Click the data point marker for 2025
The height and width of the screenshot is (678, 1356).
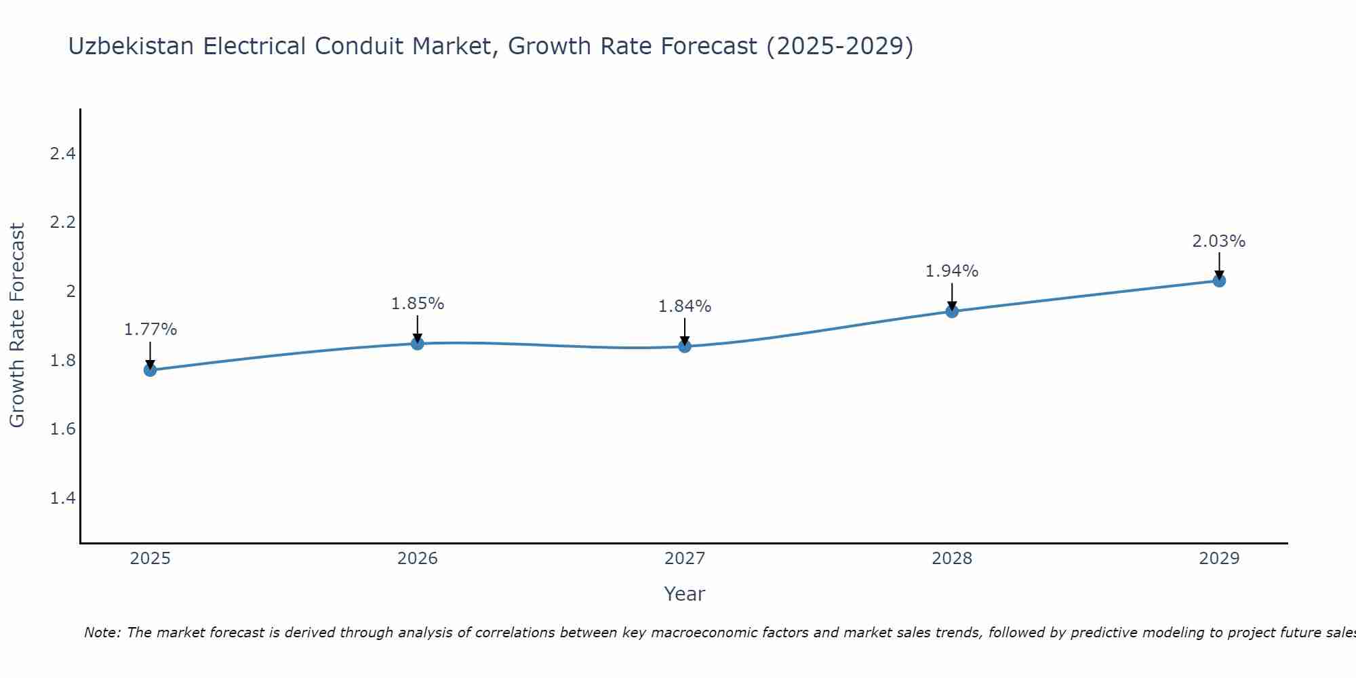(151, 370)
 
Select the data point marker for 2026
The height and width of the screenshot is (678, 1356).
(418, 344)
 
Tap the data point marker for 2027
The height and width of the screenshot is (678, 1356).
(685, 346)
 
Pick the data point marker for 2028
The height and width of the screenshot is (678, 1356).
(952, 311)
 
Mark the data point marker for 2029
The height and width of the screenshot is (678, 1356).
(1219, 281)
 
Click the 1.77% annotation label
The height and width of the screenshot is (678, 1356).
(151, 330)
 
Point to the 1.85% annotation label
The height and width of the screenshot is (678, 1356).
(418, 304)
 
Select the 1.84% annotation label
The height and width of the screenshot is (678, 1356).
(685, 306)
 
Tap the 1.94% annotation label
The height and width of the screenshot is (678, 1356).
(952, 271)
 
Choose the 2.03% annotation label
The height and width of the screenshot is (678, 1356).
(1219, 241)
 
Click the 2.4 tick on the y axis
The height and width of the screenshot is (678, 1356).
(62, 154)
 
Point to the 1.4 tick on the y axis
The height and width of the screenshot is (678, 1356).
(62, 498)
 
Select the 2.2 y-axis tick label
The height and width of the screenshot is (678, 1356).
(62, 222)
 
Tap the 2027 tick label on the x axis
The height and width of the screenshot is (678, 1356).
(685, 559)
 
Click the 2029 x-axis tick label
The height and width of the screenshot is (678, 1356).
(1219, 559)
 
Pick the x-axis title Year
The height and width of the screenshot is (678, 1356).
(685, 594)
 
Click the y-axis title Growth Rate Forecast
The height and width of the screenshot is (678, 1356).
(18, 325)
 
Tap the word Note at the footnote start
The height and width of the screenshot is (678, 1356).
(102, 633)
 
